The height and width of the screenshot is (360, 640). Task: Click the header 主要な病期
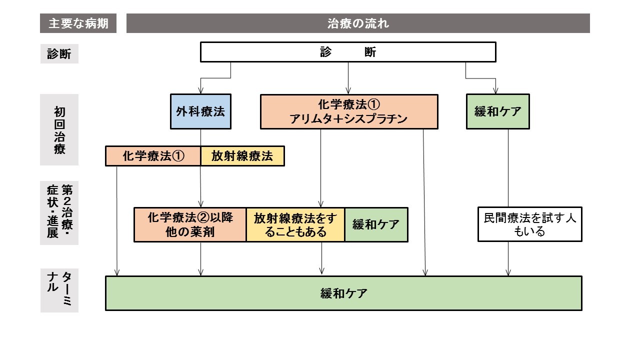[x=78, y=23]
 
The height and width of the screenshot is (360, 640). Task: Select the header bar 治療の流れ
[x=358, y=23]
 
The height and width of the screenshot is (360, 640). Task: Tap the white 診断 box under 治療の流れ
[x=348, y=52]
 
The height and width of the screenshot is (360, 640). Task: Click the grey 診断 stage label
[x=59, y=53]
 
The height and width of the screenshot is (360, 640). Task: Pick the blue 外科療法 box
[x=200, y=111]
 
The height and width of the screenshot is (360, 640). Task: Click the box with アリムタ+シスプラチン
[x=349, y=111]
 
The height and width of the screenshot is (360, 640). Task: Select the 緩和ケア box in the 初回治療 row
[x=497, y=111]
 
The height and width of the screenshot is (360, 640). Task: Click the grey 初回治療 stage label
[x=59, y=129]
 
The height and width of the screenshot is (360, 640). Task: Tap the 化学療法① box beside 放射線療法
[x=153, y=156]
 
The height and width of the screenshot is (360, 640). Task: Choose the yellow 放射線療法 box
[x=242, y=156]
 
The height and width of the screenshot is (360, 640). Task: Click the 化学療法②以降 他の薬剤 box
[x=190, y=225]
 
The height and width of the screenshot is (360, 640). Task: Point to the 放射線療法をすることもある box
[x=295, y=225]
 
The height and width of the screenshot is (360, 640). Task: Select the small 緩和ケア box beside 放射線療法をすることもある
[x=376, y=225]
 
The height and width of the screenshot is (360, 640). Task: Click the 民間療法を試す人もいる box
[x=530, y=224]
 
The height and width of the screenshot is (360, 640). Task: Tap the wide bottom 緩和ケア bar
[x=343, y=293]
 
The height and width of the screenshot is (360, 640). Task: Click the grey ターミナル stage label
[x=59, y=290]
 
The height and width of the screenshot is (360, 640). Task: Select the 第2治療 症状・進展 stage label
[x=59, y=213]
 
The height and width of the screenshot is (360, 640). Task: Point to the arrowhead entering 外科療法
[x=200, y=91]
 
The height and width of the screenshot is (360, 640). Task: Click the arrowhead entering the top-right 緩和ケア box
[x=495, y=91]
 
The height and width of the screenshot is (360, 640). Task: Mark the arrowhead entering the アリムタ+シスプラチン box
[x=348, y=91]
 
